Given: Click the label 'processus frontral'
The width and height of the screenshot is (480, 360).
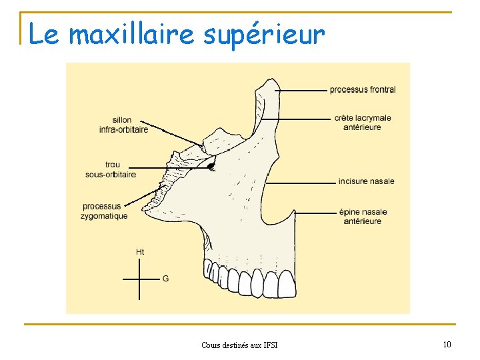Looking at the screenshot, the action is pos(362,89).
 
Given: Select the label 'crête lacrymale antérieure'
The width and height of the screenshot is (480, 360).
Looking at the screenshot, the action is pos(363,123).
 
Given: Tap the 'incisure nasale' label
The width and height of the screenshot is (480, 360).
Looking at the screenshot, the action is pos(366,181).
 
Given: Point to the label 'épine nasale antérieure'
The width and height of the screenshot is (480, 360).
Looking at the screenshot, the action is pos(363,217).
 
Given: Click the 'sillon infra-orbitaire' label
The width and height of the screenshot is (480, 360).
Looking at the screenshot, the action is pos(123,125).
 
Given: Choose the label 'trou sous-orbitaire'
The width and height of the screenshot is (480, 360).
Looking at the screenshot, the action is pos(111,170).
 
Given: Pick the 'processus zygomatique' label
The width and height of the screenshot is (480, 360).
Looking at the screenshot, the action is pos(104,211).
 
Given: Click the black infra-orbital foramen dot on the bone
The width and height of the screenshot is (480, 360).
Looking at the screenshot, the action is pos(211,166).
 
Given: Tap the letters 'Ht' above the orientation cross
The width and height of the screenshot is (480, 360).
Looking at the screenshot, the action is pos(140,252).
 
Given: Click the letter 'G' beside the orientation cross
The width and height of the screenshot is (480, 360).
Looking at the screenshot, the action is pos(165,278).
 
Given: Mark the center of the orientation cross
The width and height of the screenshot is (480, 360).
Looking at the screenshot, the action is pos(140,279).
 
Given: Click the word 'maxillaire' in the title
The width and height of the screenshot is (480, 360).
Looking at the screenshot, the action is pos(131,34).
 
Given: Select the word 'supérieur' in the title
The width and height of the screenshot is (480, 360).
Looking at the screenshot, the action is pos(264,34).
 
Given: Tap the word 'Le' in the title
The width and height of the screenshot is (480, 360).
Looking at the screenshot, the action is pos(44,34).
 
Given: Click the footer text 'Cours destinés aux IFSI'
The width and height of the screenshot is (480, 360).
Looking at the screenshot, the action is pos(239,345).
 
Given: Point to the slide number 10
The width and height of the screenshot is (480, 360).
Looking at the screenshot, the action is pos(447,344).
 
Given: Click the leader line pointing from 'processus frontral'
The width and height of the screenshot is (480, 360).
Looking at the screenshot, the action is pos(300,89).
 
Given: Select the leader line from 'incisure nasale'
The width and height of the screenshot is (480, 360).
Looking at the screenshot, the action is pos(300,181).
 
